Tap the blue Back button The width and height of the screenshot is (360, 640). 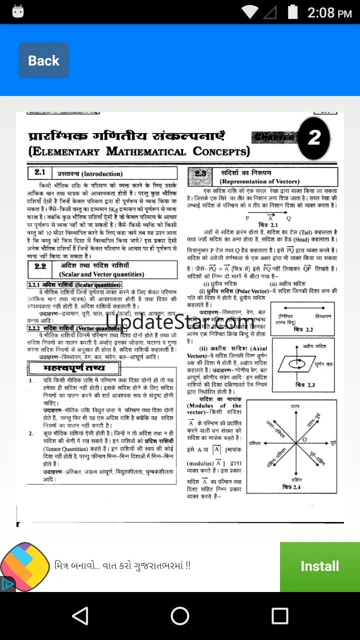coord(43,60)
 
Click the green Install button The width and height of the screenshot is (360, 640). coord(319,566)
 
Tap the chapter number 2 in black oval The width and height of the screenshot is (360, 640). coord(314,138)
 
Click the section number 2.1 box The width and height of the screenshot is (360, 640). coord(40,173)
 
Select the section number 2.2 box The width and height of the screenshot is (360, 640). coord(40,267)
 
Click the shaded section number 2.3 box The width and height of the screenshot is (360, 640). coord(200,173)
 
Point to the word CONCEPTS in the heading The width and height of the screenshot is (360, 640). coord(221,151)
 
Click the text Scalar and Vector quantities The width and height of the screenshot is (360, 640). coord(101,274)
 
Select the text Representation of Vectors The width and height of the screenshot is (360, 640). coord(259,181)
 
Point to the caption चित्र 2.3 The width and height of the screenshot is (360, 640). coord(305,385)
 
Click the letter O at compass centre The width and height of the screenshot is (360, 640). coord(304,439)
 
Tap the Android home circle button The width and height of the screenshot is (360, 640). coord(180,616)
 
